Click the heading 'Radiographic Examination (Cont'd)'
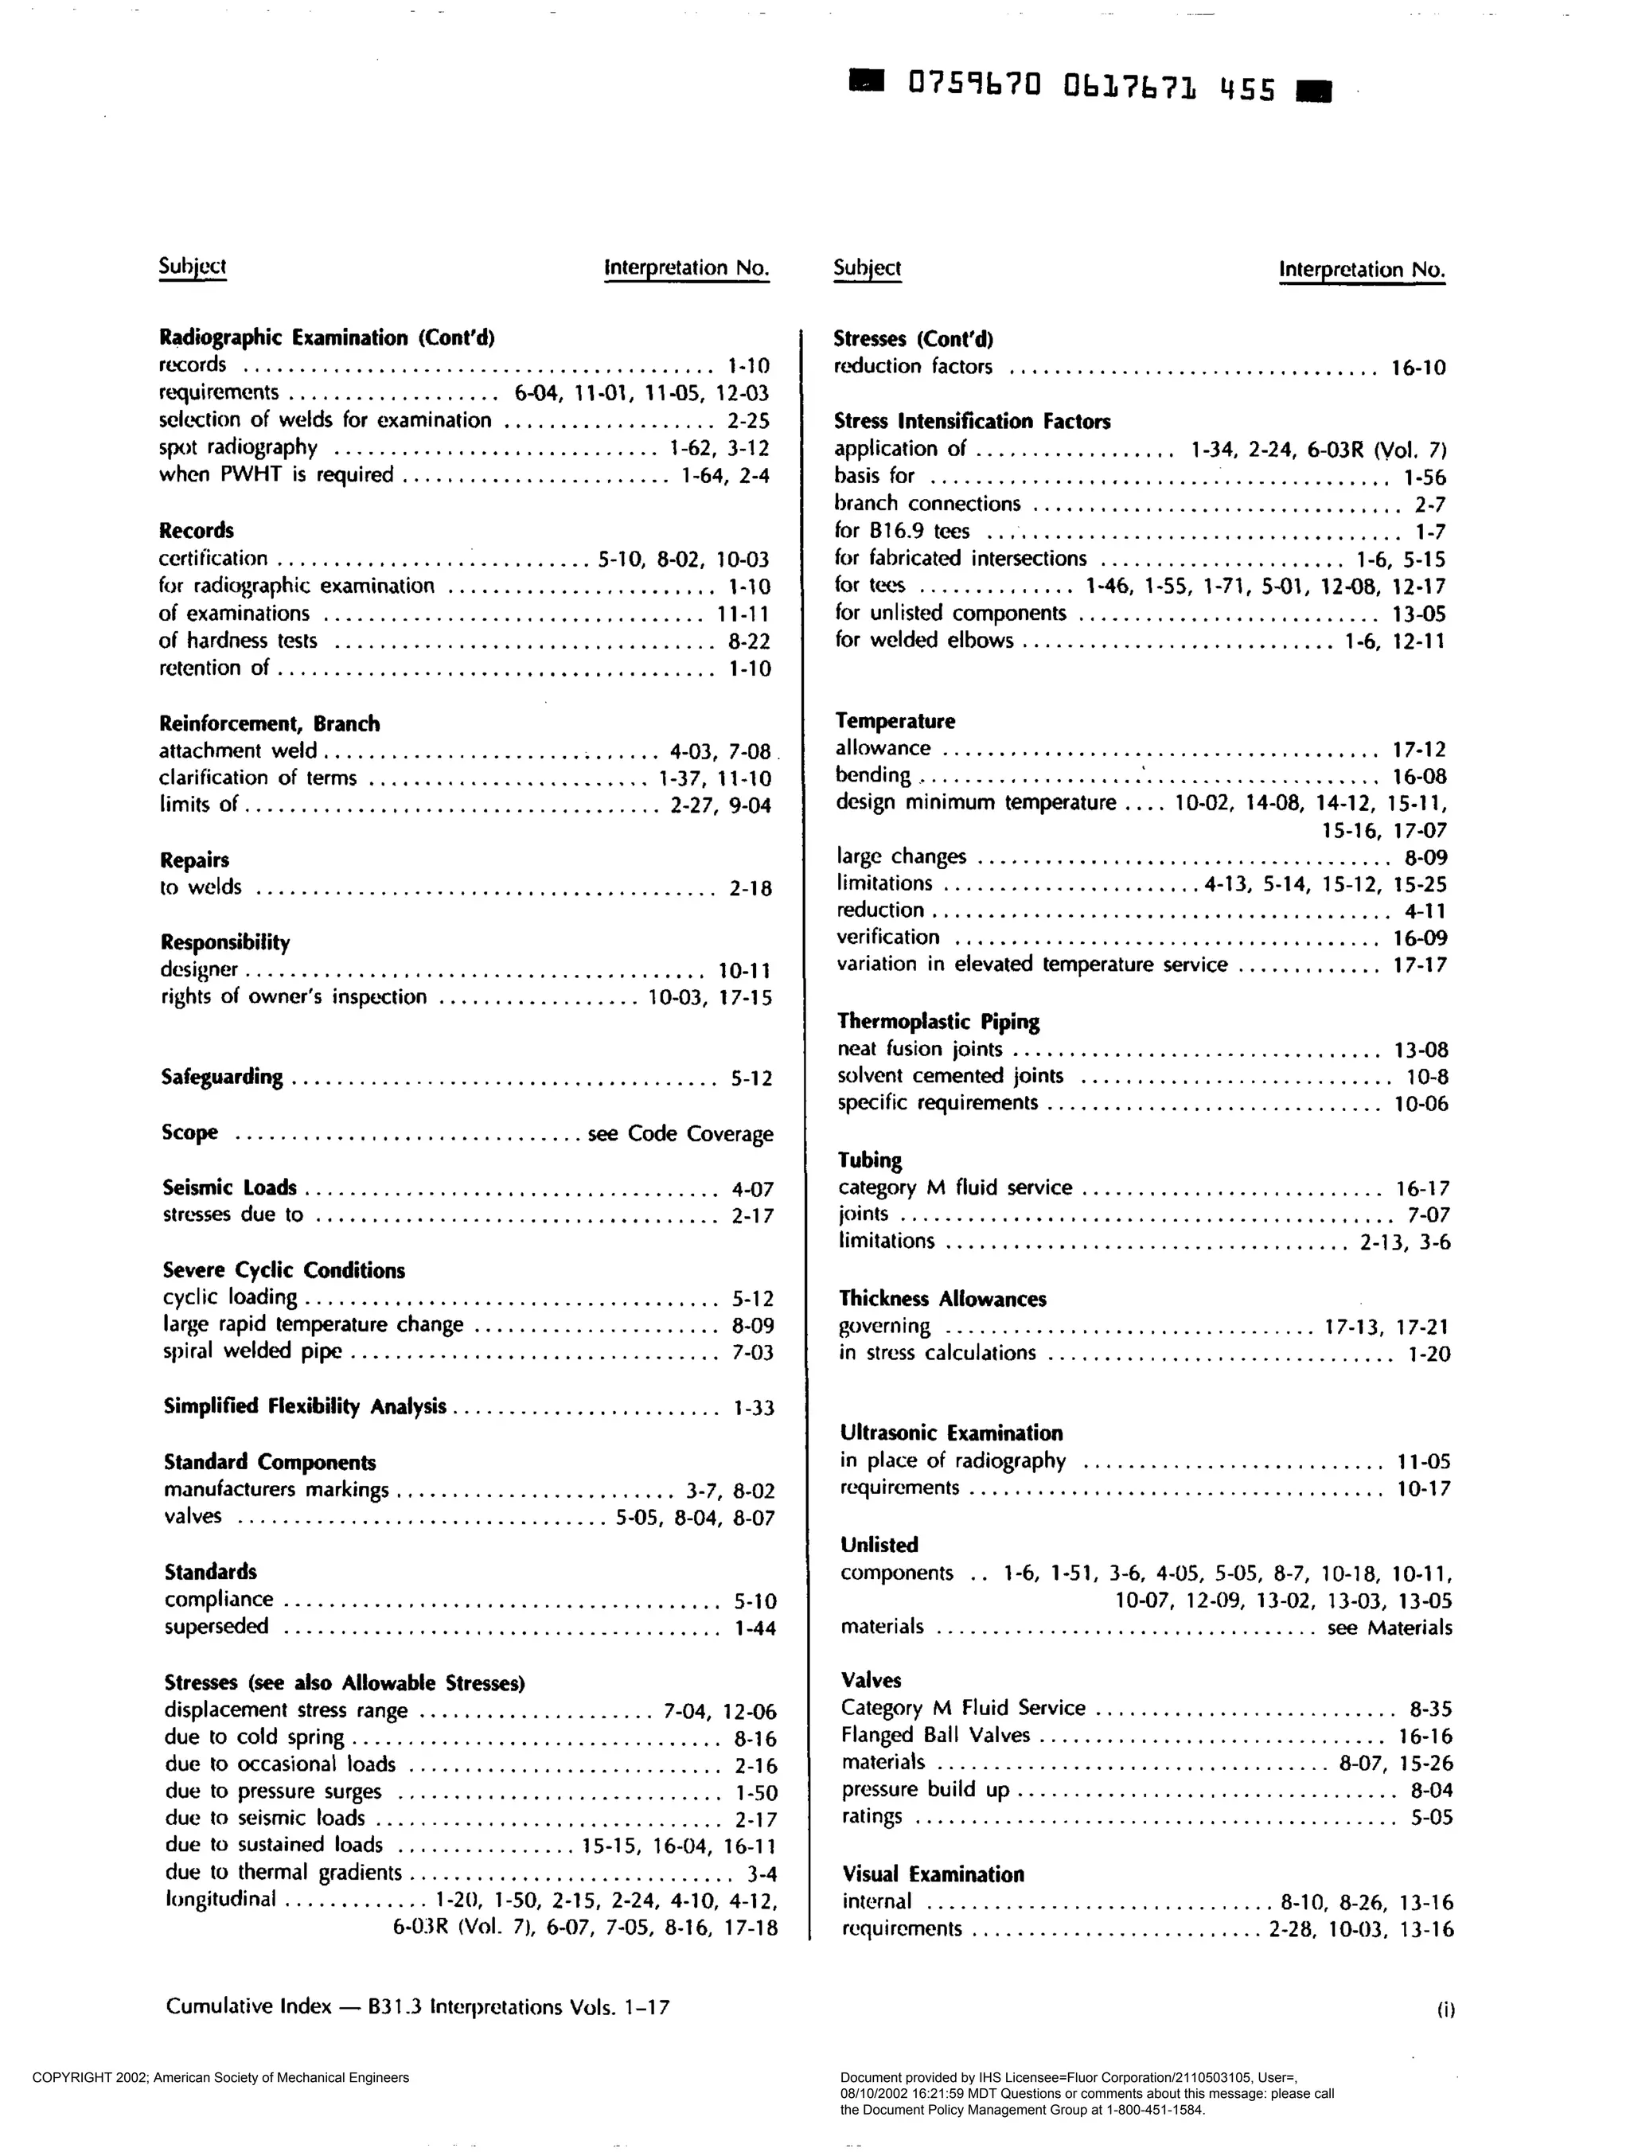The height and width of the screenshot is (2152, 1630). [327, 337]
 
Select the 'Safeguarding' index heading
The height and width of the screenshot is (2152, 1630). [222, 1077]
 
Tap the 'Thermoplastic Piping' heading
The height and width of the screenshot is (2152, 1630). [938, 1022]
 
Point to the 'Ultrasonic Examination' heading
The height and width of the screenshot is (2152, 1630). [951, 1433]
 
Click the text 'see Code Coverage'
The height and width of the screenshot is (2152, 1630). [680, 1133]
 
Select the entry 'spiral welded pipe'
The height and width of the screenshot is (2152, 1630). [253, 1351]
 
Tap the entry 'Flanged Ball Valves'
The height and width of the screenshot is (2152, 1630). [935, 1735]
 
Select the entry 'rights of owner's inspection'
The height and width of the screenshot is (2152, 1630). [294, 997]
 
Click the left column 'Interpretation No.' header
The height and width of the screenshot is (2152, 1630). [687, 267]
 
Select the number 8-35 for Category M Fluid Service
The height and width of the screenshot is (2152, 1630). [1430, 1709]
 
